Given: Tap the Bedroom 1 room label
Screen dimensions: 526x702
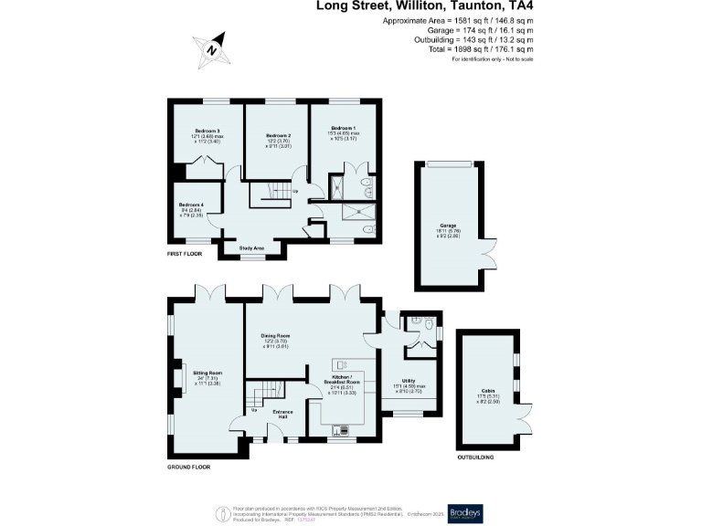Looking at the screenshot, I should (344, 128).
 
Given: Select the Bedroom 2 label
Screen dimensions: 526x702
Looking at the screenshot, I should (278, 136).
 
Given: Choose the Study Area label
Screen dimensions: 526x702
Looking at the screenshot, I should (252, 247).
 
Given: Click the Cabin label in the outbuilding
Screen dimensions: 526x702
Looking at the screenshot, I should (487, 391).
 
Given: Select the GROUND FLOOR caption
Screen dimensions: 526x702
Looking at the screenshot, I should (188, 467).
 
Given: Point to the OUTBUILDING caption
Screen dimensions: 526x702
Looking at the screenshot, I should (475, 457).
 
